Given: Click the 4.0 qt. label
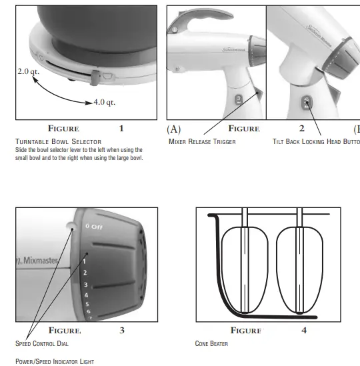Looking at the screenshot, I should (x=104, y=102).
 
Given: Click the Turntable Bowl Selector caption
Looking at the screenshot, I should (x=58, y=141).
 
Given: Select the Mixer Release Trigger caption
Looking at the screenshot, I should (x=202, y=141).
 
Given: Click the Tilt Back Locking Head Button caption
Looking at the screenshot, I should (x=317, y=141).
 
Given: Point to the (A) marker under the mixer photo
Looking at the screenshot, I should (x=173, y=129).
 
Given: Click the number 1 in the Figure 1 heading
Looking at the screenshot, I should (x=121, y=128).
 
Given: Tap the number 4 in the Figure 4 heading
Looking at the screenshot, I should (x=304, y=330).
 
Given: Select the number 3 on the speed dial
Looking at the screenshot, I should (x=85, y=284).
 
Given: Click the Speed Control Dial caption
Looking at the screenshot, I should (x=41, y=343).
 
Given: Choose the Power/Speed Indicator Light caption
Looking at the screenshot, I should (x=55, y=361).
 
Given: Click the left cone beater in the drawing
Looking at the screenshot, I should (x=245, y=267).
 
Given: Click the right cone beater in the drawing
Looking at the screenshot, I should (x=301, y=267).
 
